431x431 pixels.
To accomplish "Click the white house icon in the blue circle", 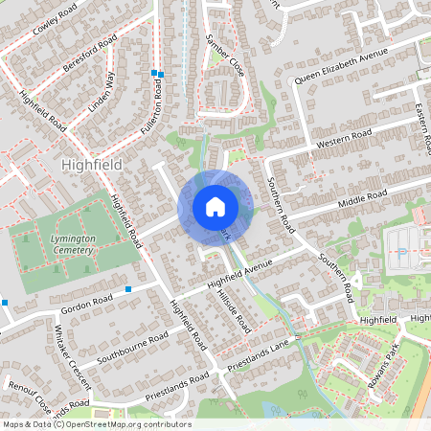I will click(x=215, y=206).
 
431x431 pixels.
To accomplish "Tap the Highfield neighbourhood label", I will click(x=91, y=165).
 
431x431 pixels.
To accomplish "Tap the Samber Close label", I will click(x=224, y=56).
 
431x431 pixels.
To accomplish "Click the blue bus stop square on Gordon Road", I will click(x=128, y=288).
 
